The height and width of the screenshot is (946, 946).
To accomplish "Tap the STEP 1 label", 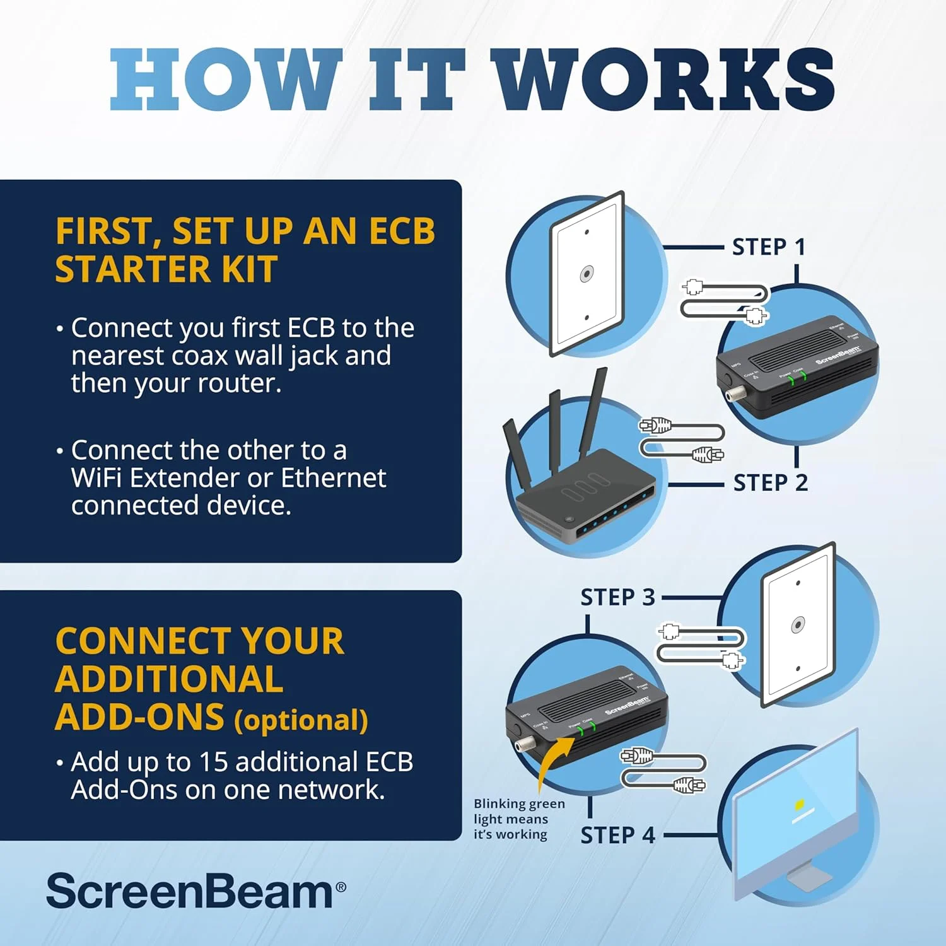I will [768, 247].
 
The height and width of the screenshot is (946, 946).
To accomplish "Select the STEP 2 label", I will [770, 482].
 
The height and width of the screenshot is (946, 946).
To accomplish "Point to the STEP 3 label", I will [617, 597].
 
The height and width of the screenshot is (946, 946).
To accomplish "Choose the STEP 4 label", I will [617, 835].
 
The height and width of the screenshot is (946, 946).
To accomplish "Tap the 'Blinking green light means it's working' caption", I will [518, 819].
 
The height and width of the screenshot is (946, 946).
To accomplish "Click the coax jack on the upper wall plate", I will [587, 274].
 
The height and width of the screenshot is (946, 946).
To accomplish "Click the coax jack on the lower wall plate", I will [798, 625].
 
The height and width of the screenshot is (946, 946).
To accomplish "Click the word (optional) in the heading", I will [301, 720].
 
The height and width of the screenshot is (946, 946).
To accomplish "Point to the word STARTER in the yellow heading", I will [132, 269].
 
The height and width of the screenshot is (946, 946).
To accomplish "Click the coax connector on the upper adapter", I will [733, 395].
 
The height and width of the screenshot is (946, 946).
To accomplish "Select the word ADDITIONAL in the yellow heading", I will [169, 679].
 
